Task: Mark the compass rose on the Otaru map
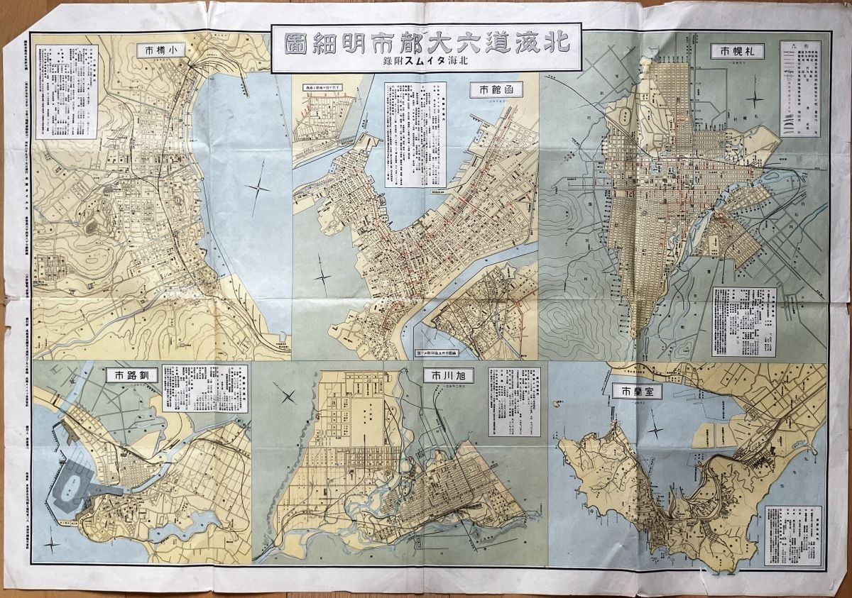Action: pyautogui.click(x=259, y=189)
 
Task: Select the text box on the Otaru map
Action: pyautogui.click(x=65, y=92)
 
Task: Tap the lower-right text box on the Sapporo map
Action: pyautogui.click(x=743, y=321)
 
